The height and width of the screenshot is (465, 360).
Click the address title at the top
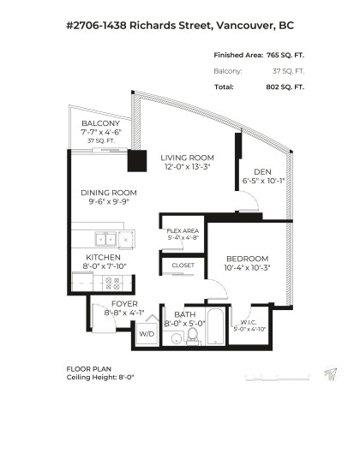[179, 26]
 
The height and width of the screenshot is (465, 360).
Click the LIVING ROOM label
[186, 158]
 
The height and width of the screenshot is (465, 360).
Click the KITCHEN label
[103, 257]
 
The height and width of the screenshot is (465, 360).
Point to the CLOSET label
[183, 265]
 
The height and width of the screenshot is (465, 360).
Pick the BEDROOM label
[247, 259]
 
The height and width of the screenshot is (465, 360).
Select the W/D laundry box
[146, 335]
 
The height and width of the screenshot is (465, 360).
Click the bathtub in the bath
[215, 329]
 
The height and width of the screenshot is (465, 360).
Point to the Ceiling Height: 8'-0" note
[100, 377]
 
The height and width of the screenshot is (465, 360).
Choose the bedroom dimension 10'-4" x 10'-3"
[247, 268]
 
